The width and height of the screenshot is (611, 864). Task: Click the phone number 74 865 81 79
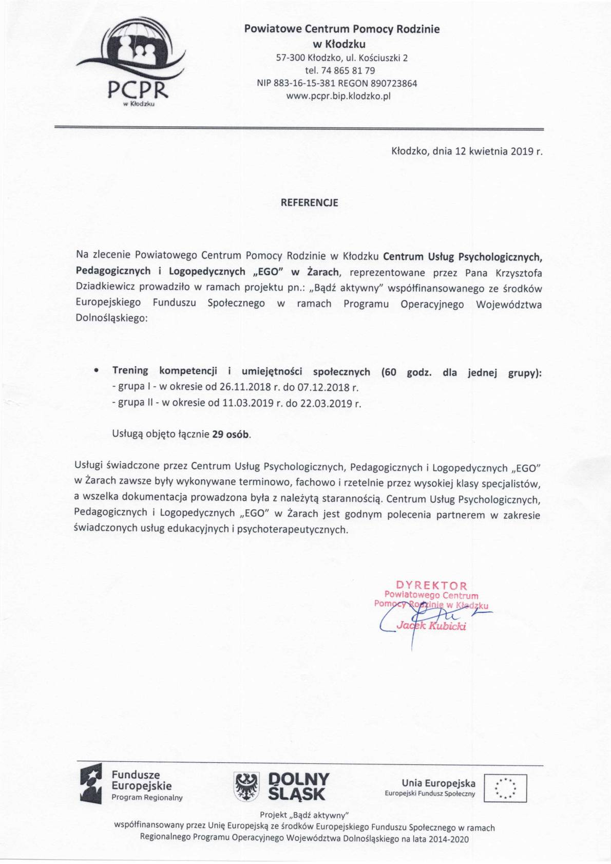click(348, 70)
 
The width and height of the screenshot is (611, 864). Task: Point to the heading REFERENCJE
click(309, 203)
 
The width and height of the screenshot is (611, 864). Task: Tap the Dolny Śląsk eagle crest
click(246, 786)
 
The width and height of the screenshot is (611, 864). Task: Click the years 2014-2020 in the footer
click(449, 839)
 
